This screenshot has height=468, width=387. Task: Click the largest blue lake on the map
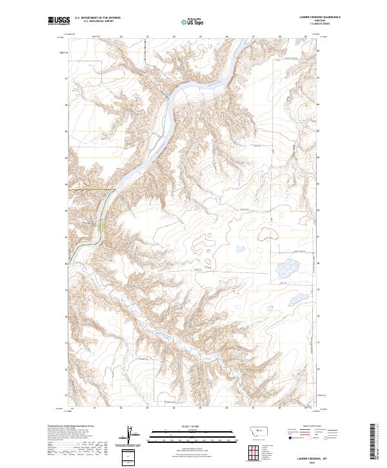[288, 267]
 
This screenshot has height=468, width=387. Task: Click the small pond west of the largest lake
[241, 249]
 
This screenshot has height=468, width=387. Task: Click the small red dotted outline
[208, 266]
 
